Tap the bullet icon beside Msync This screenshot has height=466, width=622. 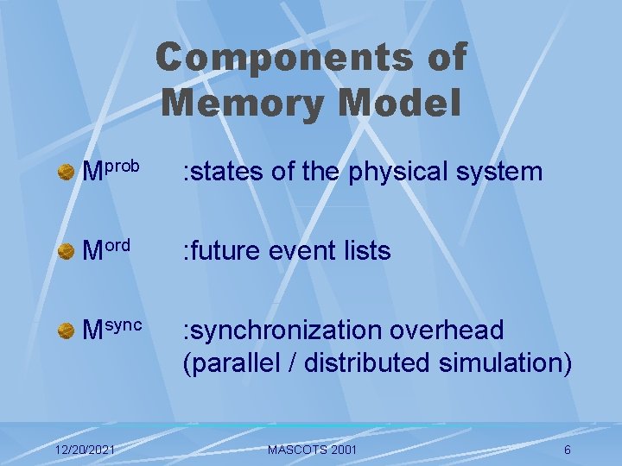pyautogui.click(x=66, y=331)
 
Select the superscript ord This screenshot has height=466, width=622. pyautogui.click(x=118, y=244)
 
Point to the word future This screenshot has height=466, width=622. pyautogui.click(x=224, y=251)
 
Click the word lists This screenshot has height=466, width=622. pyautogui.click(x=364, y=251)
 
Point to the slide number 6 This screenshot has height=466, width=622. pyautogui.click(x=567, y=450)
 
